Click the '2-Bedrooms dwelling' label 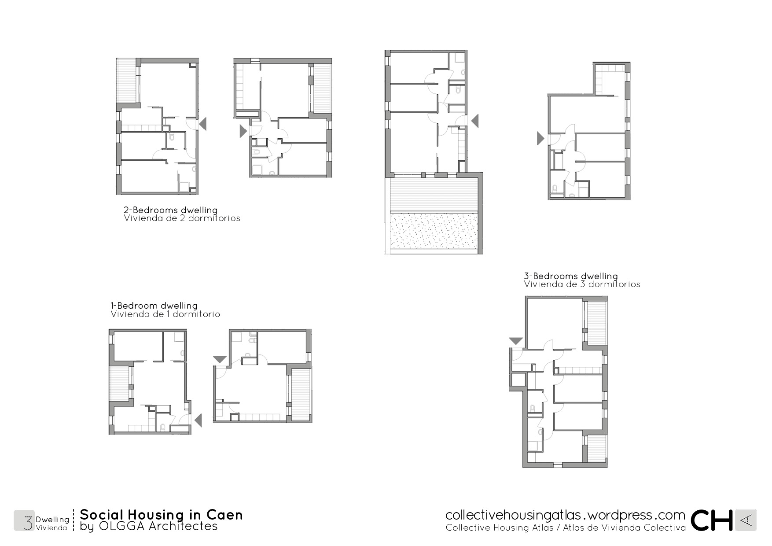171,210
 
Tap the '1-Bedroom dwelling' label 154,306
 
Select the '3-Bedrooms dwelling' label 571,276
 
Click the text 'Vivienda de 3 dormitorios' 582,284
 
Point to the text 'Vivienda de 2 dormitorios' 182,218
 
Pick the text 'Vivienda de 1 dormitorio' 165,314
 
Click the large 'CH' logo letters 712,520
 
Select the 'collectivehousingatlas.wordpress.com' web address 565,515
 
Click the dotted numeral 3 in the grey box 28,520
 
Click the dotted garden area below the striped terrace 434,230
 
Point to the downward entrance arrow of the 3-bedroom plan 516,341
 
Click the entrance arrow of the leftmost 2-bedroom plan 202,124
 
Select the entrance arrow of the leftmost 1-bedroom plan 198,421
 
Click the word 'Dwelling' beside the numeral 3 52,520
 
